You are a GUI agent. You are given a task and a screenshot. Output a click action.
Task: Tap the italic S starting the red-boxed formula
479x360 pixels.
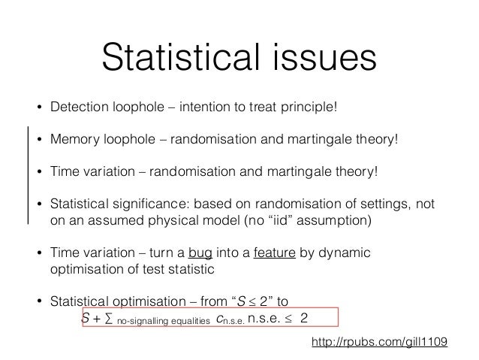(x=85, y=318)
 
